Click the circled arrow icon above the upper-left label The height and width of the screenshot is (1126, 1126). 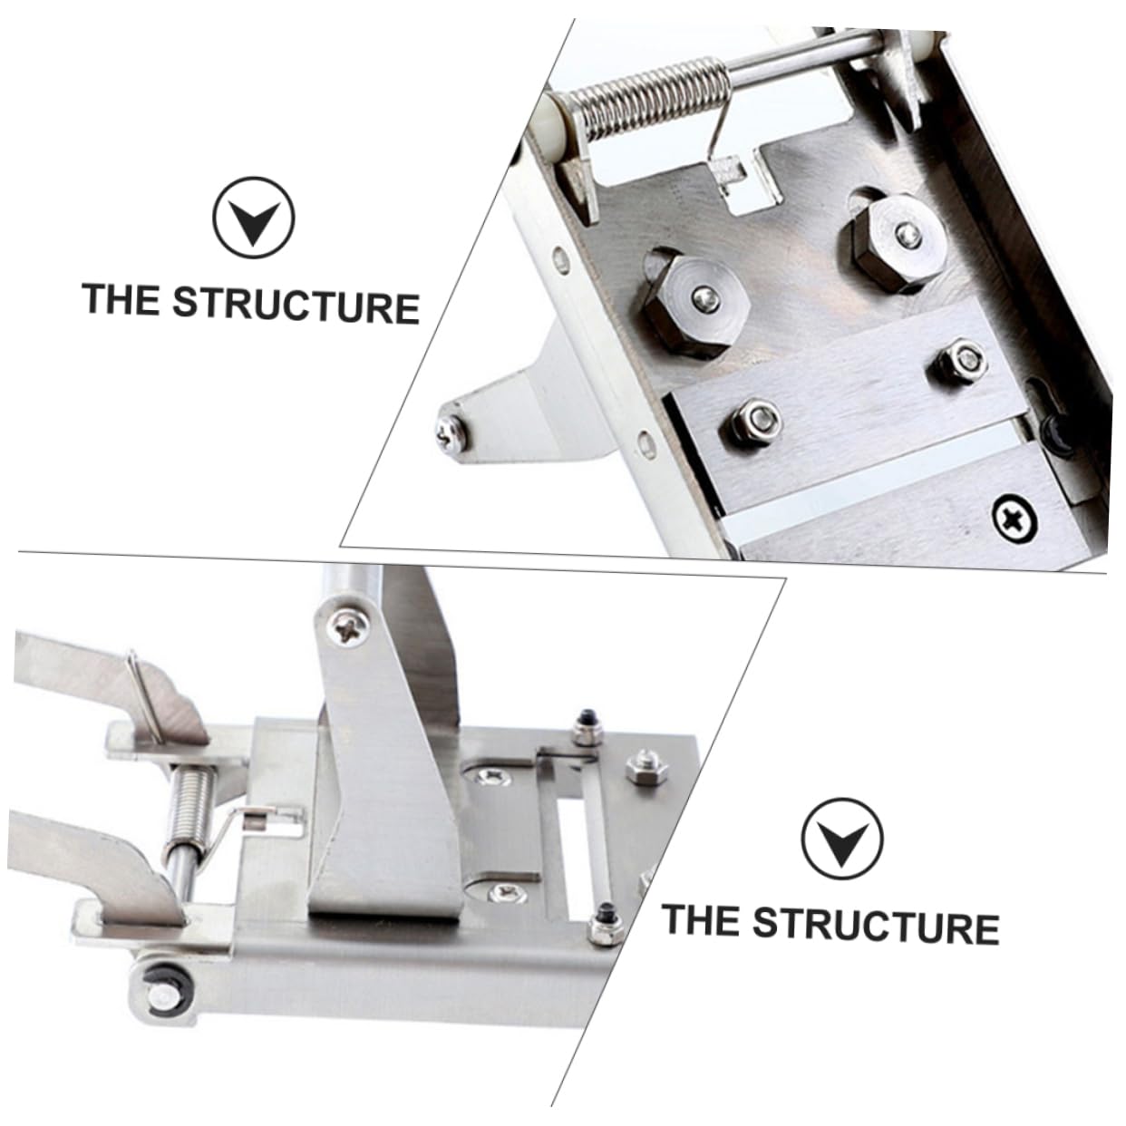[254, 218]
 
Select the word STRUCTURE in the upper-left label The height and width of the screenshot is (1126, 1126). [296, 305]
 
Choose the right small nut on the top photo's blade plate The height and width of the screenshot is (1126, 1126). [959, 359]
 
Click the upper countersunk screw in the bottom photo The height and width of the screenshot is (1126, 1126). [493, 775]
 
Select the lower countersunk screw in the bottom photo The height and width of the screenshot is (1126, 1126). [506, 893]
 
